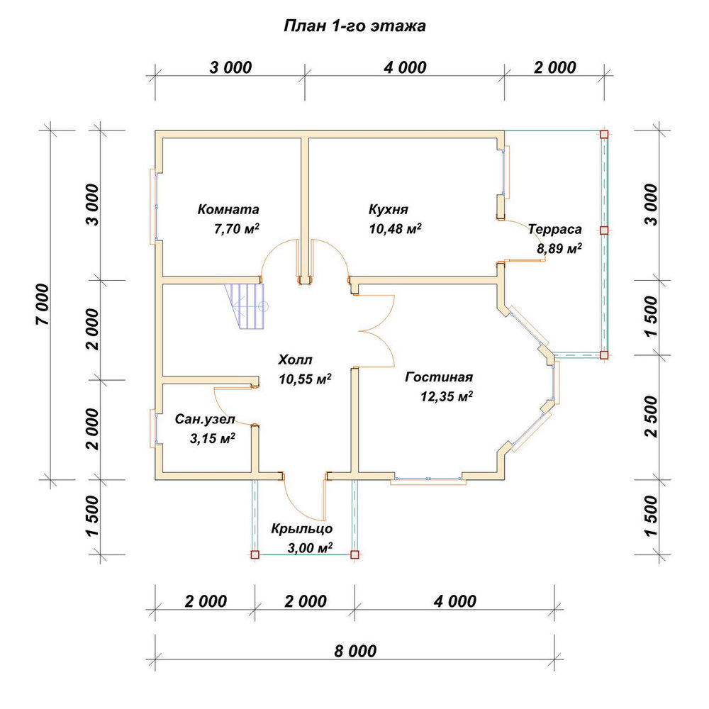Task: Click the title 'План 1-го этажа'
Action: (x=354, y=26)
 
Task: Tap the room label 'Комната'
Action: (x=228, y=209)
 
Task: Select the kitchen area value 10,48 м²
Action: (x=395, y=229)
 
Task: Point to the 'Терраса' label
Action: (x=555, y=229)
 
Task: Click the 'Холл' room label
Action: (x=295, y=360)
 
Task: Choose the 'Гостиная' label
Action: (x=439, y=376)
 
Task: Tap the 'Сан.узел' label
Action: (x=205, y=419)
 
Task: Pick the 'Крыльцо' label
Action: (x=301, y=529)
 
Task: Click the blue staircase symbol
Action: (x=247, y=306)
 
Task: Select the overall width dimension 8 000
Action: (x=355, y=651)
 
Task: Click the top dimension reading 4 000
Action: (x=405, y=67)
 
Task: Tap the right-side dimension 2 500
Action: (x=651, y=416)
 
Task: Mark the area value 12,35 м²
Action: (x=447, y=396)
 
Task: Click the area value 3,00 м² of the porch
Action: (x=311, y=548)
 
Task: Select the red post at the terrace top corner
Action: (x=604, y=134)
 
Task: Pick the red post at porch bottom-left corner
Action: (x=255, y=554)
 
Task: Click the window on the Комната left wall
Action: (x=154, y=206)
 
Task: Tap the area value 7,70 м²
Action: (x=237, y=229)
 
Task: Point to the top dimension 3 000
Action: (x=230, y=67)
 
